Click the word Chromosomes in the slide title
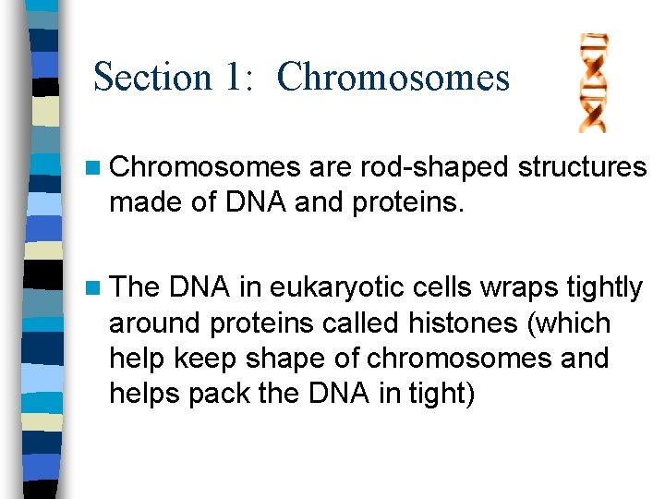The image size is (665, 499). pyautogui.click(x=393, y=76)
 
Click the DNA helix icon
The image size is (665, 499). pyautogui.click(x=592, y=82)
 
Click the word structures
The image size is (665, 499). pyautogui.click(x=582, y=166)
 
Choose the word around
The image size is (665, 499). pyautogui.click(x=154, y=324)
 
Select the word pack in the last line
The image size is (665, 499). pyautogui.click(x=218, y=394)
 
